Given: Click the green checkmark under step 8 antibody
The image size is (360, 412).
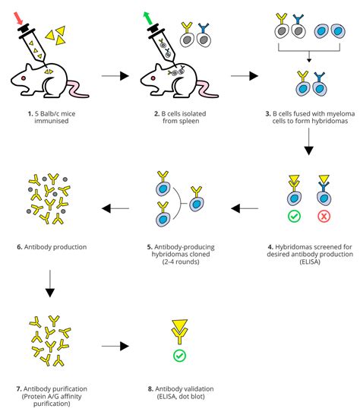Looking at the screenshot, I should click(x=181, y=355).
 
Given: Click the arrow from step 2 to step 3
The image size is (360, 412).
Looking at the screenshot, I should click(x=242, y=76).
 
